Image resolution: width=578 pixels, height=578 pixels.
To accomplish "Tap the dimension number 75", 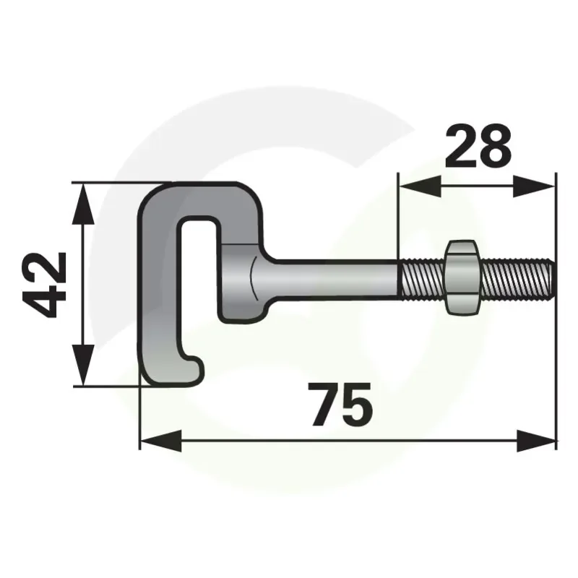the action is pos(341,404).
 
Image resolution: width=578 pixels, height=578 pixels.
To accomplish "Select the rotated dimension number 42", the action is pos(44,285).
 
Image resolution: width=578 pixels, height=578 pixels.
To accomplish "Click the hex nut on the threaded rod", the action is pos(462,277).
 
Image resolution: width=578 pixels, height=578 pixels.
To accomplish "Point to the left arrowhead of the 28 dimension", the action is pos(420,186).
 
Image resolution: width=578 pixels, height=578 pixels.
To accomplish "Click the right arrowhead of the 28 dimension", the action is pos(534,186).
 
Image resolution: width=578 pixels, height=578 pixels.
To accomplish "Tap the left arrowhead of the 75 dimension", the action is pos(161,441).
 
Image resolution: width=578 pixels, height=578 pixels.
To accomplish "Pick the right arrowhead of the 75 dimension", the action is pos(536,441).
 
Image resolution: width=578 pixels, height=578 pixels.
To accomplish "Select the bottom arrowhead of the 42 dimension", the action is pos(84,364).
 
